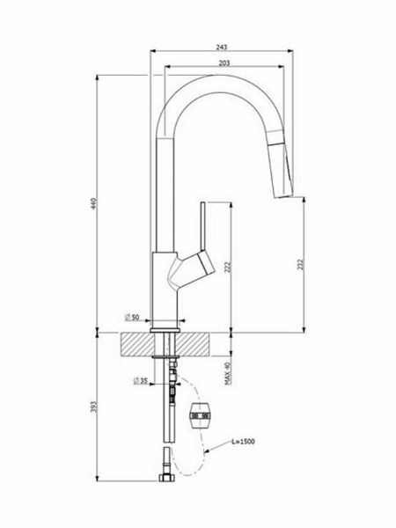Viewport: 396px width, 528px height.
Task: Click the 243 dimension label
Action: coord(221,48)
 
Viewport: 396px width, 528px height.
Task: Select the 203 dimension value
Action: coord(224,63)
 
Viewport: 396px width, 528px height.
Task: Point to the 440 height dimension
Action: coord(94,203)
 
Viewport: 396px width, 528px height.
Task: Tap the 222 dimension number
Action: coord(228,267)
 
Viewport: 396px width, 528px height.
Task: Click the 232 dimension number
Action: coord(300,264)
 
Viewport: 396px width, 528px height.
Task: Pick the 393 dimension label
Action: coord(94,407)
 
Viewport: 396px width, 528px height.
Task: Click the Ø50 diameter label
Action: coord(132,317)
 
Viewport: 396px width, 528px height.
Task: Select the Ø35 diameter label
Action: coord(141,381)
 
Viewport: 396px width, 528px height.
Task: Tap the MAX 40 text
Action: coord(228,373)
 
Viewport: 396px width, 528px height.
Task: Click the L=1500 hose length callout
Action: coord(243,442)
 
